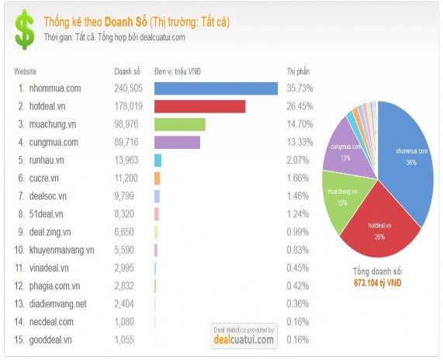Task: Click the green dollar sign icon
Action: [26, 29]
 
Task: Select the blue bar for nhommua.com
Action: [216, 88]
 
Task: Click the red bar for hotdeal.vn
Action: [199, 106]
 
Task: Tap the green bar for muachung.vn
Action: [179, 124]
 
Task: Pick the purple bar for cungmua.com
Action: [177, 142]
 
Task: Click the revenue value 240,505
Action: [128, 88]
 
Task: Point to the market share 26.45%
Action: [299, 106]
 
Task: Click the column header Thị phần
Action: [298, 71]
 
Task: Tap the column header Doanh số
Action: [126, 71]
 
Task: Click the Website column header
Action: [26, 71]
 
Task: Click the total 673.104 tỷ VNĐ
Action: [376, 283]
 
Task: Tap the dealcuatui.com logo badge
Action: [244, 335]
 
